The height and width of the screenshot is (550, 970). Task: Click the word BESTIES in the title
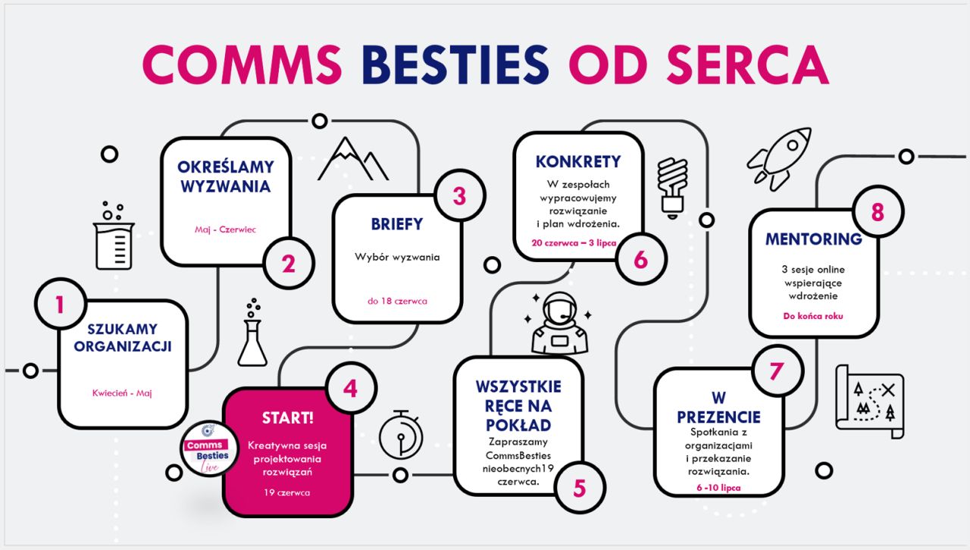tap(455, 64)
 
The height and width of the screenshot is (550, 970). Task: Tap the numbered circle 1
tap(61, 304)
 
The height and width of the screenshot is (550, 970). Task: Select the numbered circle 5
tap(580, 488)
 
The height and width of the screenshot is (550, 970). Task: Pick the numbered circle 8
tap(878, 212)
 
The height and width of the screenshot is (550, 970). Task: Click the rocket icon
tap(780, 158)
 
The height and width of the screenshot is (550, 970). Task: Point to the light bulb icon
tap(672, 188)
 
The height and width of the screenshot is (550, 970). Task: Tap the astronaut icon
tap(559, 323)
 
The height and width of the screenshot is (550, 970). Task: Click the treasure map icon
tap(869, 402)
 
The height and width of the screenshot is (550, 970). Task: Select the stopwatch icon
tap(401, 434)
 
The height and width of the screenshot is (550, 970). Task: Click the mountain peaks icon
tap(353, 159)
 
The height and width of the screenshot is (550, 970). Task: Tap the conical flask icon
tap(252, 332)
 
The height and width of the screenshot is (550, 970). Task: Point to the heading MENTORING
tap(814, 239)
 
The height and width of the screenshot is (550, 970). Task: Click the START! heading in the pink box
tap(287, 418)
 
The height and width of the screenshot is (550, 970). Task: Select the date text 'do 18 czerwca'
tap(397, 301)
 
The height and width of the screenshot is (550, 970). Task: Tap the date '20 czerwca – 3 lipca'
tap(574, 243)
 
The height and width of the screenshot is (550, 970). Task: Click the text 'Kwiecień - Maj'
tap(122, 393)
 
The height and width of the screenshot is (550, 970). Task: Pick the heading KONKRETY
tap(578, 161)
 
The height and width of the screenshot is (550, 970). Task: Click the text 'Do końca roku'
tap(813, 316)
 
